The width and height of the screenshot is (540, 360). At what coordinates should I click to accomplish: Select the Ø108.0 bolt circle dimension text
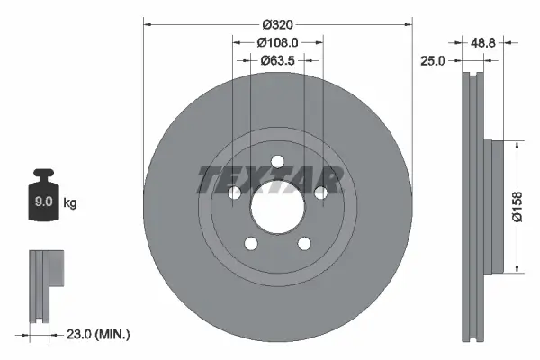[x=277, y=42]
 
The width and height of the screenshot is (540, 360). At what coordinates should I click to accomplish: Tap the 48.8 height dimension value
[x=485, y=42]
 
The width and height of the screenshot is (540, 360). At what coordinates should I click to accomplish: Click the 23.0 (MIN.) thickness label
[x=99, y=334]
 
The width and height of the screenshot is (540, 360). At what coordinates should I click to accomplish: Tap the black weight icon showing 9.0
[x=42, y=198]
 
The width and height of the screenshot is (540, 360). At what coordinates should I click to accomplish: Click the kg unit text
[x=70, y=203]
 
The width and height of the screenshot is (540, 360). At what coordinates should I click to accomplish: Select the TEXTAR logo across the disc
[x=270, y=179]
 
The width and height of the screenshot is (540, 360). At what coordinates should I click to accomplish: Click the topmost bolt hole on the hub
[x=277, y=162]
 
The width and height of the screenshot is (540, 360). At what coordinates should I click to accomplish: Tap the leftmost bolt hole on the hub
[x=235, y=193]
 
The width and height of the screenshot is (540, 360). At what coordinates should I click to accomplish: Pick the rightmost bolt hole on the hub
[x=320, y=193]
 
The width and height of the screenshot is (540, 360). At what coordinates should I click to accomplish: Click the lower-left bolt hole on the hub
[x=251, y=243]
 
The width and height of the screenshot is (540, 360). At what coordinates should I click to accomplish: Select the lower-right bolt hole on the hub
[x=304, y=243]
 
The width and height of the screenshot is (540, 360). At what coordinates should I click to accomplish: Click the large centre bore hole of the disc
[x=277, y=208]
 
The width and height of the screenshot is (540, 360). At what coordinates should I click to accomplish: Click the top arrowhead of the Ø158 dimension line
[x=517, y=145]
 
